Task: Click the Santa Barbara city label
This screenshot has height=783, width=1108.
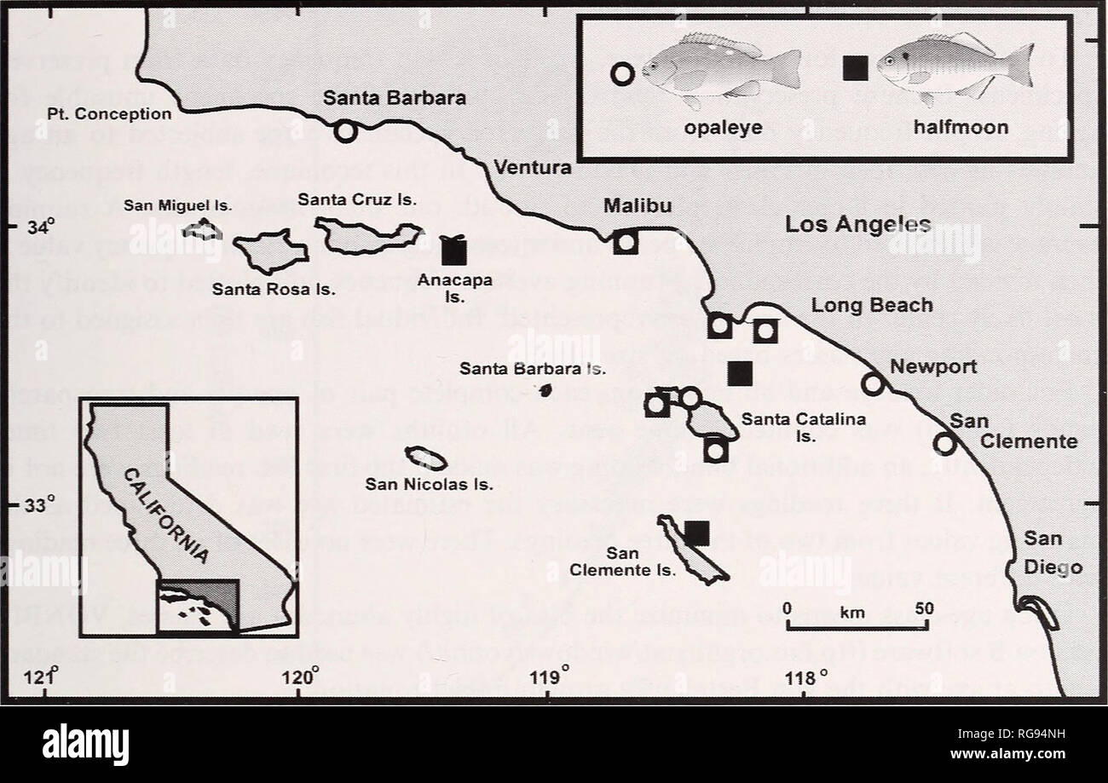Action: point(394,98)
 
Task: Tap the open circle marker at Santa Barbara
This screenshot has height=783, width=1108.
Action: point(345,131)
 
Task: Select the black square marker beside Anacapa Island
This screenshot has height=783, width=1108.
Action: point(454,250)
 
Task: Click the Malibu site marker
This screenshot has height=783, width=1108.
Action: point(626,242)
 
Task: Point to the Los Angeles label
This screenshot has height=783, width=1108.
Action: point(857,225)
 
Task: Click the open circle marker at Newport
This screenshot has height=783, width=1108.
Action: point(872,384)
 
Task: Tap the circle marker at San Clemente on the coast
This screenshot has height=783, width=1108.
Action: point(944,443)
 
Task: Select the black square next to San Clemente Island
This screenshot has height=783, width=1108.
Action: point(697,533)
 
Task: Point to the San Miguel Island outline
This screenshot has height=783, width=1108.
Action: point(203,229)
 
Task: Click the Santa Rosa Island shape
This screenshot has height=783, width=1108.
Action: point(269,250)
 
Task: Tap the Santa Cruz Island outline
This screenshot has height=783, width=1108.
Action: point(366,236)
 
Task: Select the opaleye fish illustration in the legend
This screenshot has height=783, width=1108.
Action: point(720,71)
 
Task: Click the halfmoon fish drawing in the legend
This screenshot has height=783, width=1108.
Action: point(955,67)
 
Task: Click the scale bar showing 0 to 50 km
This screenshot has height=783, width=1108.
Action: point(857,625)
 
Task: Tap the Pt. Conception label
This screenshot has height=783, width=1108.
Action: point(120,113)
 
